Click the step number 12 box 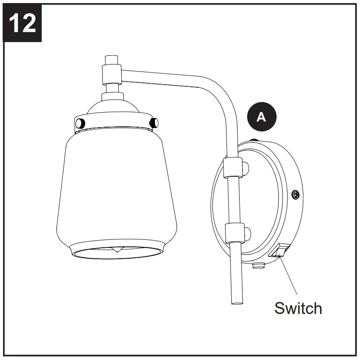[x=22, y=22]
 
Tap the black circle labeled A [x=261, y=117]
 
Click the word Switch [x=298, y=308]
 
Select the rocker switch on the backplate [x=279, y=250]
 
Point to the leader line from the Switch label [x=289, y=276]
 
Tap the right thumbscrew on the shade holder [x=154, y=121]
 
